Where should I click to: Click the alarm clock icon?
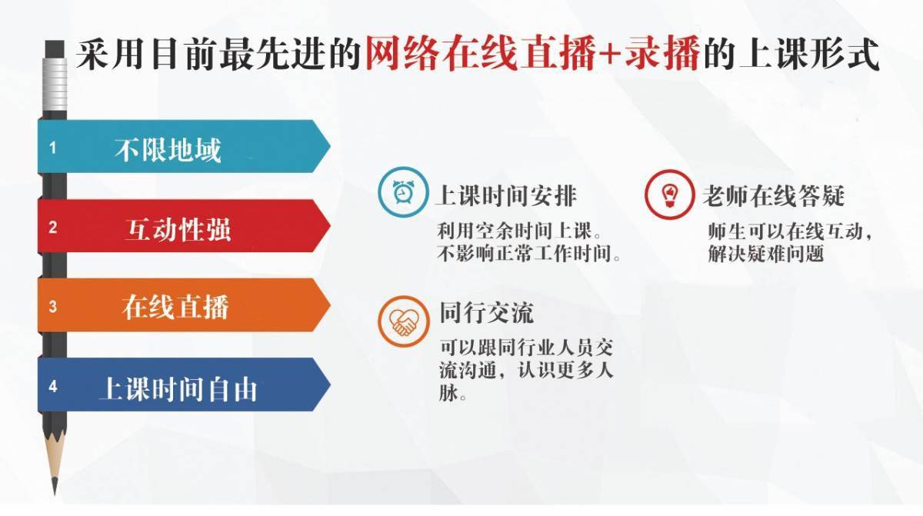pos(403,192)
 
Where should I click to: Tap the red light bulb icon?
pos(670,195)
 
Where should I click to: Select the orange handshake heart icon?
pos(403,321)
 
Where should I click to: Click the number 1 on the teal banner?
pos(53,148)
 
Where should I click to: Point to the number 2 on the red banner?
pos(53,228)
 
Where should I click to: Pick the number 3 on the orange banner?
pos(53,307)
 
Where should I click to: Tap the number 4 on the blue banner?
pos(53,387)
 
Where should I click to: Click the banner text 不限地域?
pos(168,150)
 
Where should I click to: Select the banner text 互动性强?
pos(178,229)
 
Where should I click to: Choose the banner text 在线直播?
pos(175,307)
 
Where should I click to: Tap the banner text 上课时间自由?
pos(178,388)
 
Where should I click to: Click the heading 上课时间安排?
pos(506,195)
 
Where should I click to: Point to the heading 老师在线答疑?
pos(774,195)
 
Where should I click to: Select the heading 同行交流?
pos(486,313)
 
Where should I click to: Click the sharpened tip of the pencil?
pos(55,494)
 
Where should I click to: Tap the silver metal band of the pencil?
pos(55,85)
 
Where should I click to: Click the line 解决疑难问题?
pos(765,253)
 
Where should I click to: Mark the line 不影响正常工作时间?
pos(528,253)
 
